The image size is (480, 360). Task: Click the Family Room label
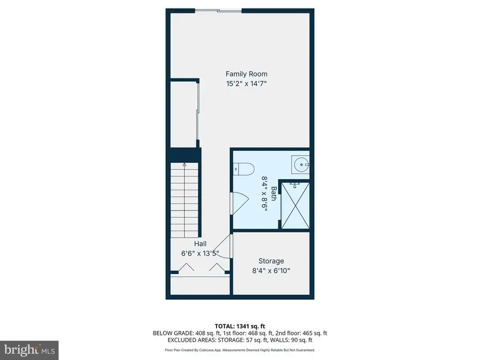246,74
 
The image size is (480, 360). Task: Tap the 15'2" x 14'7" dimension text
246,83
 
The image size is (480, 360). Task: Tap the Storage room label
271,261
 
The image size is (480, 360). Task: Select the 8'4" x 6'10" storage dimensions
271,270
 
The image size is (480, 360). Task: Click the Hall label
201,244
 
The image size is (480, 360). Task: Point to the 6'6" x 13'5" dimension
201,253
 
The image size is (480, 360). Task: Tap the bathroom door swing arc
239,202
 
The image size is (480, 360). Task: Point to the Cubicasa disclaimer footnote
239,350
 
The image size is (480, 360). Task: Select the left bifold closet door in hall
186,269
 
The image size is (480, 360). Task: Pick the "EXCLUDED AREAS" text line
239,340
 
